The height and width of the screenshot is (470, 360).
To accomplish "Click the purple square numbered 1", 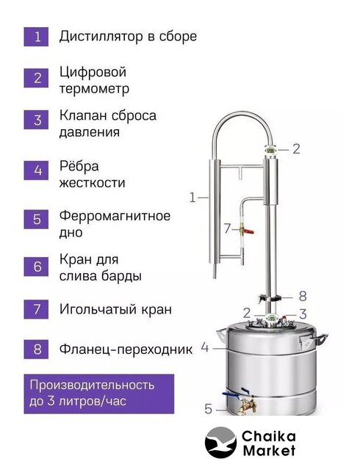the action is [36, 37].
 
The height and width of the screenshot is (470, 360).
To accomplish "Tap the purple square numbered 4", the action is [36, 170].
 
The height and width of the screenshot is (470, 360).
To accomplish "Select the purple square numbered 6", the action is [36, 267].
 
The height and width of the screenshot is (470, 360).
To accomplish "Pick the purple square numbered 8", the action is [36, 350].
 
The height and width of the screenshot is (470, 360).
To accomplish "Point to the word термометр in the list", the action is [94, 89].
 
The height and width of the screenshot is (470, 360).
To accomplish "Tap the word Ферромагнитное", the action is [115, 216].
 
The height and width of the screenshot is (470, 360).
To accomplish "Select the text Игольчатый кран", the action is [115, 309].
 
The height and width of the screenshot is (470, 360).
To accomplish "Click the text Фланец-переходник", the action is [126, 350].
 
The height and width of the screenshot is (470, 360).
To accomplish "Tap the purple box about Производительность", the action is [99, 394].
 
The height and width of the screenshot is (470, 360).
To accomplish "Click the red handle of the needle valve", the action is [249, 231].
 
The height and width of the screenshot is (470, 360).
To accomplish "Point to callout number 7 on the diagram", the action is [227, 229].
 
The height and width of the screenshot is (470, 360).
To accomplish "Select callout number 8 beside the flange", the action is [303, 296].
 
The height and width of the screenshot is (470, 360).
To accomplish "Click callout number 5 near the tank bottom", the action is [209, 409].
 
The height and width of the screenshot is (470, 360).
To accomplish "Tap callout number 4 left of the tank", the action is [205, 347].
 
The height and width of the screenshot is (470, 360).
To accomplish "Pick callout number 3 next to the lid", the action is [303, 314].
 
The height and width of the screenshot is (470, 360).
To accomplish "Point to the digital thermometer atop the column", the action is [270, 149].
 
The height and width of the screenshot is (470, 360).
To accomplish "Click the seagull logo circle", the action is [220, 443].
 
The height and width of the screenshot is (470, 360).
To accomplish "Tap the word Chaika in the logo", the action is [268, 436].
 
